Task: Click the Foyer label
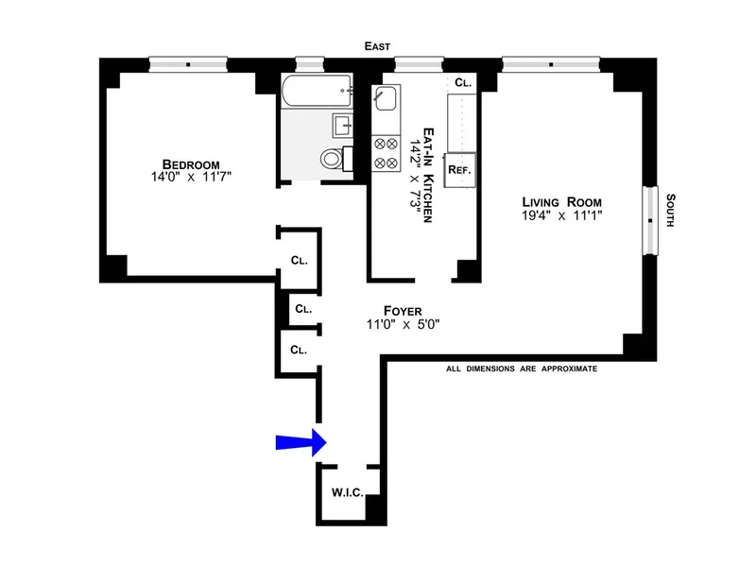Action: [x=402, y=310]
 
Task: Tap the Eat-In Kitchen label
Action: [x=427, y=175]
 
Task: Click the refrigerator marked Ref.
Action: [x=459, y=169]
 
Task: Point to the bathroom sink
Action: [x=342, y=124]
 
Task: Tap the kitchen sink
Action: [x=387, y=97]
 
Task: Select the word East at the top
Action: [x=377, y=45]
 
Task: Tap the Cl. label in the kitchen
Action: [x=462, y=83]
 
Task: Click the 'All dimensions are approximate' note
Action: [x=522, y=369]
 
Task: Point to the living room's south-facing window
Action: [x=650, y=220]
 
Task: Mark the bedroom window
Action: [x=188, y=64]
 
